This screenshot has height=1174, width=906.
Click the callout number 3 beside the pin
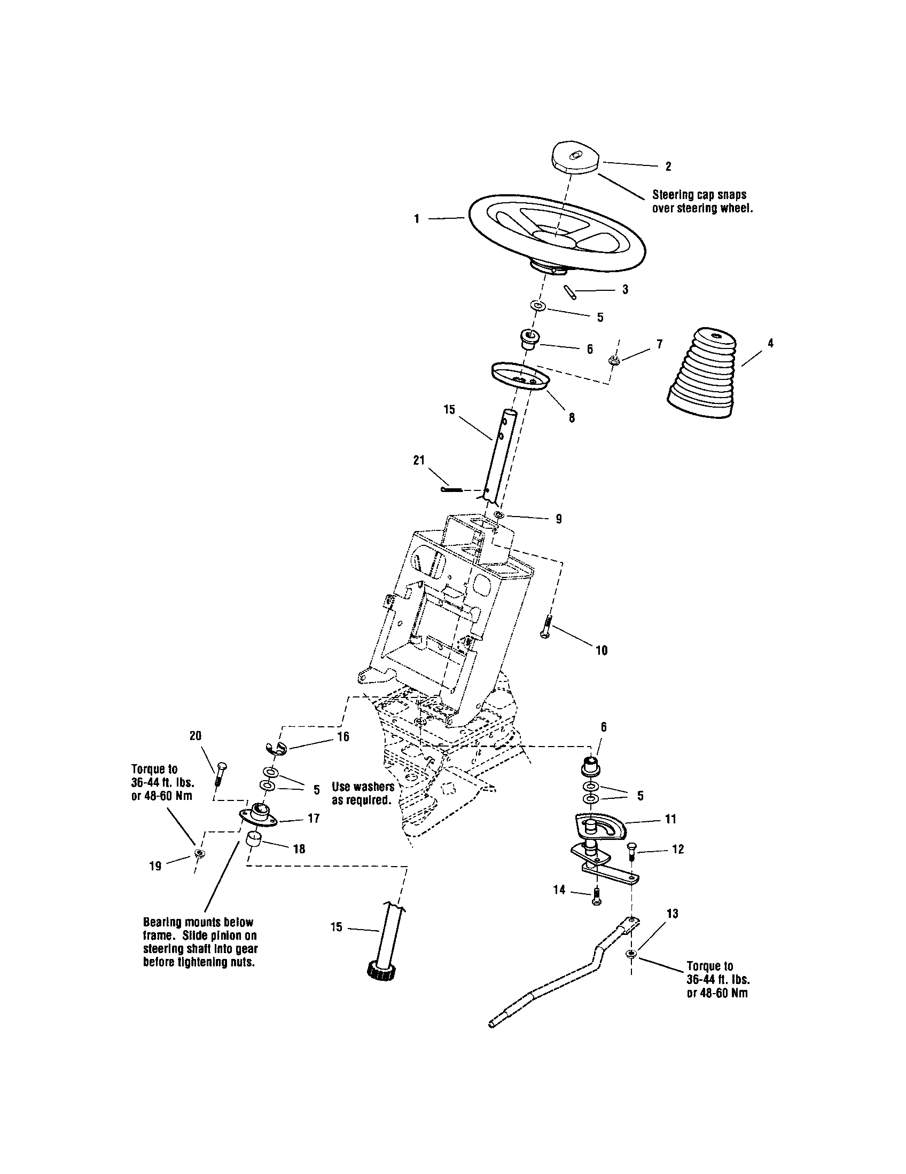click(625, 289)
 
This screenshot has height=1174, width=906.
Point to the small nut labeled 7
click(613, 360)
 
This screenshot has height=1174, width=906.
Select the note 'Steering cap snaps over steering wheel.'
click(701, 201)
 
